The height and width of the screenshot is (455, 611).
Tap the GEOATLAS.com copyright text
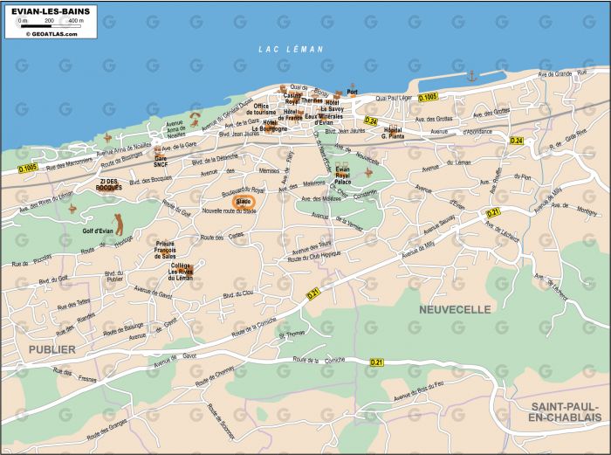coord(51,34)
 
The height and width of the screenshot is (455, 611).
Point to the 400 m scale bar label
coord(76,19)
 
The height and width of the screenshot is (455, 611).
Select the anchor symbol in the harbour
coord(472,76)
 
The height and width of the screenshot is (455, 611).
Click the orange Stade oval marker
coord(238,201)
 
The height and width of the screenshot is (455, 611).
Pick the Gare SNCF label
coord(161,161)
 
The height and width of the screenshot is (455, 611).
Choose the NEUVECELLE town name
coord(454,309)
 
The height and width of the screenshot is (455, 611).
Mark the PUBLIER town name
coord(51,348)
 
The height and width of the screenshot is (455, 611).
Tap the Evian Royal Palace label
coord(343,175)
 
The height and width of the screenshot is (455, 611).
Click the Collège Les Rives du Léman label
coord(181,272)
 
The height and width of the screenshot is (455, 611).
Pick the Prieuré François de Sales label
coord(166,250)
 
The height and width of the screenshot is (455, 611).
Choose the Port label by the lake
coord(352,91)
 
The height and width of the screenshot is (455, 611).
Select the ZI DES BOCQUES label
coord(110,184)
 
